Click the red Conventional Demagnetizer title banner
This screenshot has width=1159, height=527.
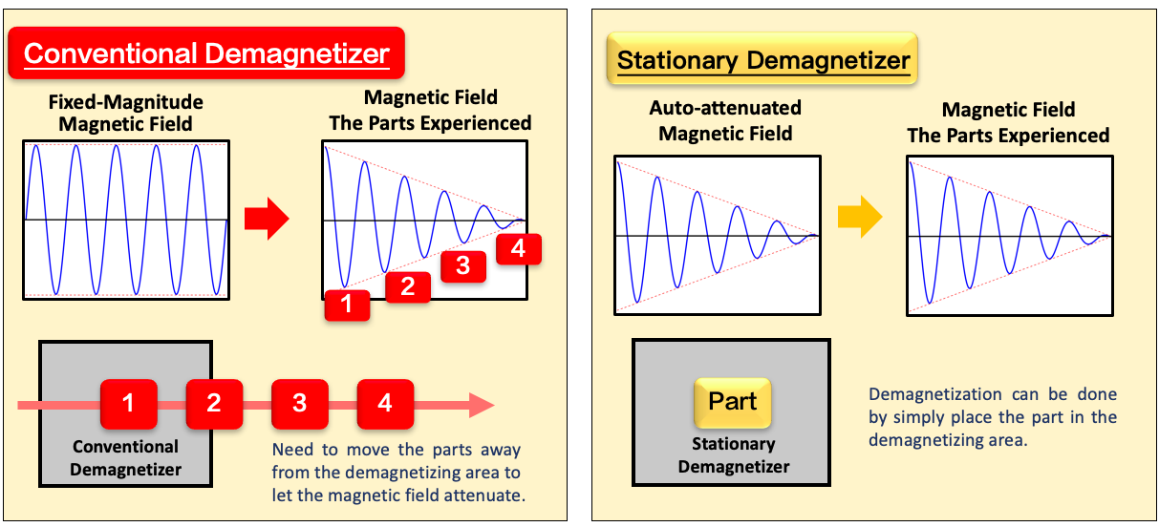[x=206, y=53]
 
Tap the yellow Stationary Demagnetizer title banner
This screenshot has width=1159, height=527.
[x=762, y=59]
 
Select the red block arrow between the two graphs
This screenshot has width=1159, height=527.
[x=267, y=219]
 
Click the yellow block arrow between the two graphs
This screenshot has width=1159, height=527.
[x=860, y=217]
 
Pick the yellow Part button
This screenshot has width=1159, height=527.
[x=733, y=402]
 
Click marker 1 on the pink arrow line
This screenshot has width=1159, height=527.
[x=128, y=404]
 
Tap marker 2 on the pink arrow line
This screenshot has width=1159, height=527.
[x=214, y=404]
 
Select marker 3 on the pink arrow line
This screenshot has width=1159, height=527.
[x=300, y=404]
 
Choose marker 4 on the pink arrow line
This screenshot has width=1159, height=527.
[x=385, y=404]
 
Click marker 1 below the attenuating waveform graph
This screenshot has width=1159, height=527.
[x=347, y=306]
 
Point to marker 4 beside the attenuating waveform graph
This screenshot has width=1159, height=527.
[x=519, y=249]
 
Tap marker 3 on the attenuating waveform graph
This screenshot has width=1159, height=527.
[x=463, y=266]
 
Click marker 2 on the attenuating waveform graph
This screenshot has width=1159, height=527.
[x=408, y=287]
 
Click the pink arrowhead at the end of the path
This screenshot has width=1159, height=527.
[x=482, y=405]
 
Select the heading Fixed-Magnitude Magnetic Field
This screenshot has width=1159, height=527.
[x=126, y=113]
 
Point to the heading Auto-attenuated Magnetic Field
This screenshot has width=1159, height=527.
[x=725, y=120]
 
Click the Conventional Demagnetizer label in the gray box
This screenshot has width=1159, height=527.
[x=126, y=457]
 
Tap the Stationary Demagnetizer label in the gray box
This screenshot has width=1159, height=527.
[x=734, y=455]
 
